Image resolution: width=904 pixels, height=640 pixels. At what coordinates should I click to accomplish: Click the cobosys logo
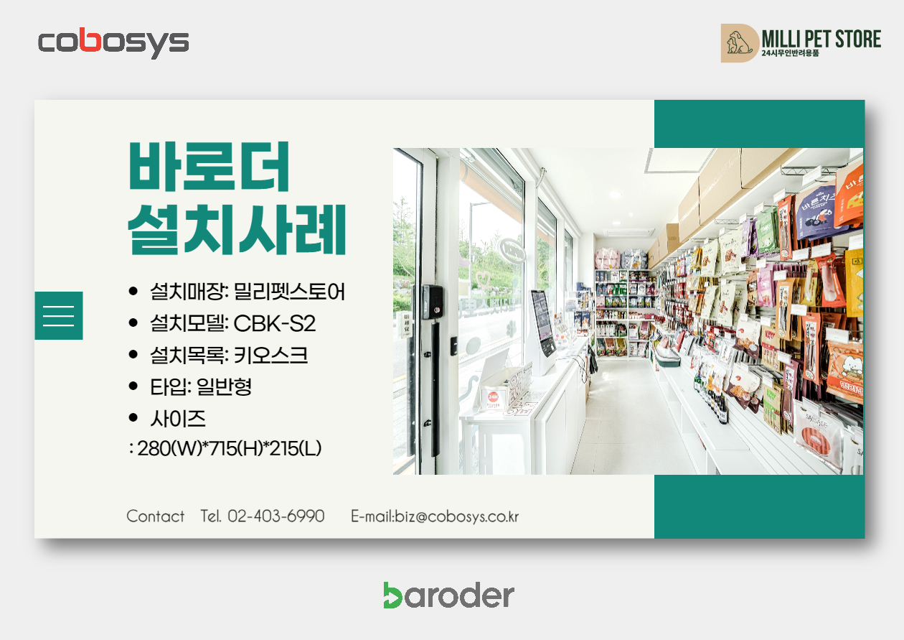tap(113, 43)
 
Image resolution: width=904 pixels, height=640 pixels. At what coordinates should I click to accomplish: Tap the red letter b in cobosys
tap(90, 40)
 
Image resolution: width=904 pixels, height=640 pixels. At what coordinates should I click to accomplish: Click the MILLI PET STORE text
tap(821, 39)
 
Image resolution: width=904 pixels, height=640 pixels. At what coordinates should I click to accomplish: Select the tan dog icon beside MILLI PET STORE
tap(739, 43)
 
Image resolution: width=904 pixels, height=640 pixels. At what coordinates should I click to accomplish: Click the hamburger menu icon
tap(59, 315)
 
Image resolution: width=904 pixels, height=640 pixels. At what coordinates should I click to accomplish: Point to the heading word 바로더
tap(209, 166)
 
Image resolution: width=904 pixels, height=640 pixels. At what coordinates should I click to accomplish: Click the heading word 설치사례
tap(237, 229)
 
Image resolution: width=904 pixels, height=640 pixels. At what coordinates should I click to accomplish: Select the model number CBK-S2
tap(274, 323)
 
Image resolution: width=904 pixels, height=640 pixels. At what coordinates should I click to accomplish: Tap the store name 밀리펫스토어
tap(289, 292)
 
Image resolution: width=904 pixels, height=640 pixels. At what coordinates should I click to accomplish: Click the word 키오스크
tap(270, 355)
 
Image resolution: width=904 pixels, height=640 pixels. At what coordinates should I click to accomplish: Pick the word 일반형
tap(224, 386)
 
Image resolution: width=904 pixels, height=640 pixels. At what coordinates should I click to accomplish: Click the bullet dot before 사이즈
tap(133, 418)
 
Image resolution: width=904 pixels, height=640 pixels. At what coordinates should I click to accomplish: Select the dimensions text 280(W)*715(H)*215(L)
tap(230, 448)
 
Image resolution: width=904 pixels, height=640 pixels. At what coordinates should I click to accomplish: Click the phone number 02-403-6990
tap(276, 516)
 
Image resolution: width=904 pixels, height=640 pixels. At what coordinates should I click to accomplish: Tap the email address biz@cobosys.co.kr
tap(457, 516)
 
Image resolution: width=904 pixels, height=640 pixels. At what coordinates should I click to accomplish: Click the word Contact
tap(156, 516)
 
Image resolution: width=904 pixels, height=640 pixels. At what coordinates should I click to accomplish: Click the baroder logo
tap(449, 595)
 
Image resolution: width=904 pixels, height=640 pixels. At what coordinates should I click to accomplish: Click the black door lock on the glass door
tap(432, 302)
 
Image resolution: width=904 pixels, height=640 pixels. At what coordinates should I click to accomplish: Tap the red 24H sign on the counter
tap(493, 397)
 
